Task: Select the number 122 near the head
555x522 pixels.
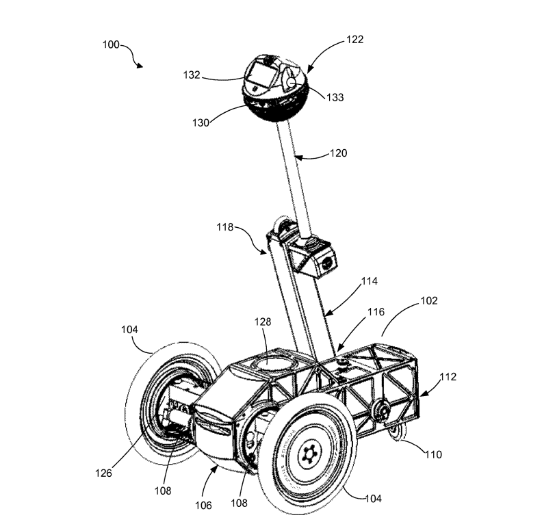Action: [354, 40]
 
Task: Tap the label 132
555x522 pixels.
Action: [191, 75]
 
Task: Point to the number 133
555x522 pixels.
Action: [335, 98]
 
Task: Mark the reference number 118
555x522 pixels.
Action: [226, 226]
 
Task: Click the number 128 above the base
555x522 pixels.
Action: [263, 321]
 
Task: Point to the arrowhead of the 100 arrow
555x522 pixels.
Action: [141, 66]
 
